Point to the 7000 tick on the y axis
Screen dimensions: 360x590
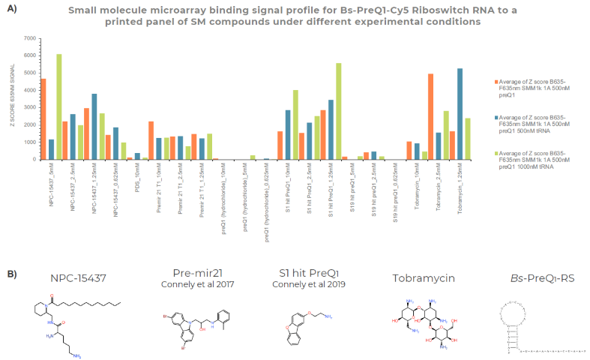[x=30, y=38]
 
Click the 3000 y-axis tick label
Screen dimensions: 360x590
[x=30, y=107]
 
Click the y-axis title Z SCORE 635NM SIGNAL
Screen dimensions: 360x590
[x=13, y=97]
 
